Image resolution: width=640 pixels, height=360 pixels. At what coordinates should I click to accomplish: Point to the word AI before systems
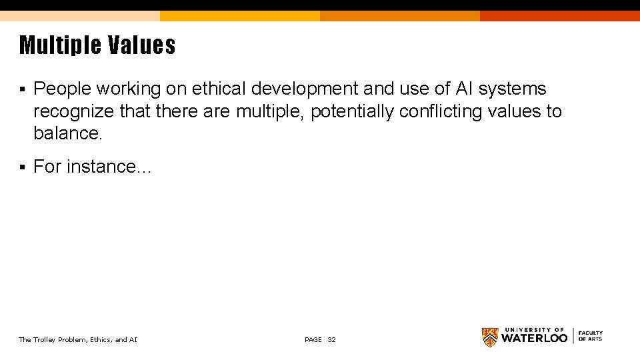coord(464,89)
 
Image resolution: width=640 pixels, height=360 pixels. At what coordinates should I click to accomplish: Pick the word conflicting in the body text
coord(441,111)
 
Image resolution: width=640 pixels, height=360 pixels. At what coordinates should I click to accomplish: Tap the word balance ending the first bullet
coord(67,133)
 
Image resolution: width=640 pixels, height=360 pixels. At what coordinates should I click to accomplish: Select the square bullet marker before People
coord(22,89)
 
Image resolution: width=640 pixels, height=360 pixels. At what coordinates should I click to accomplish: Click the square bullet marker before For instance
coord(22,167)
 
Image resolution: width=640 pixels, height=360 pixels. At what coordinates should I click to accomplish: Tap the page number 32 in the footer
coord(332,340)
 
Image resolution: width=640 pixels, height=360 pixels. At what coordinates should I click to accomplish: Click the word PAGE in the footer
coord(313,340)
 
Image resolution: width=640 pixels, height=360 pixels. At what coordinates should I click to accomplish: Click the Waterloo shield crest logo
coord(490,337)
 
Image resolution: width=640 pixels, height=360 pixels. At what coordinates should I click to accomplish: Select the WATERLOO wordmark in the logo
coord(534,338)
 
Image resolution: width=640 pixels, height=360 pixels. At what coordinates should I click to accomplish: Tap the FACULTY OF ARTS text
coord(590,336)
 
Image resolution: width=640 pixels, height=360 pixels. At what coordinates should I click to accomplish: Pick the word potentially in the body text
coord(352,111)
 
